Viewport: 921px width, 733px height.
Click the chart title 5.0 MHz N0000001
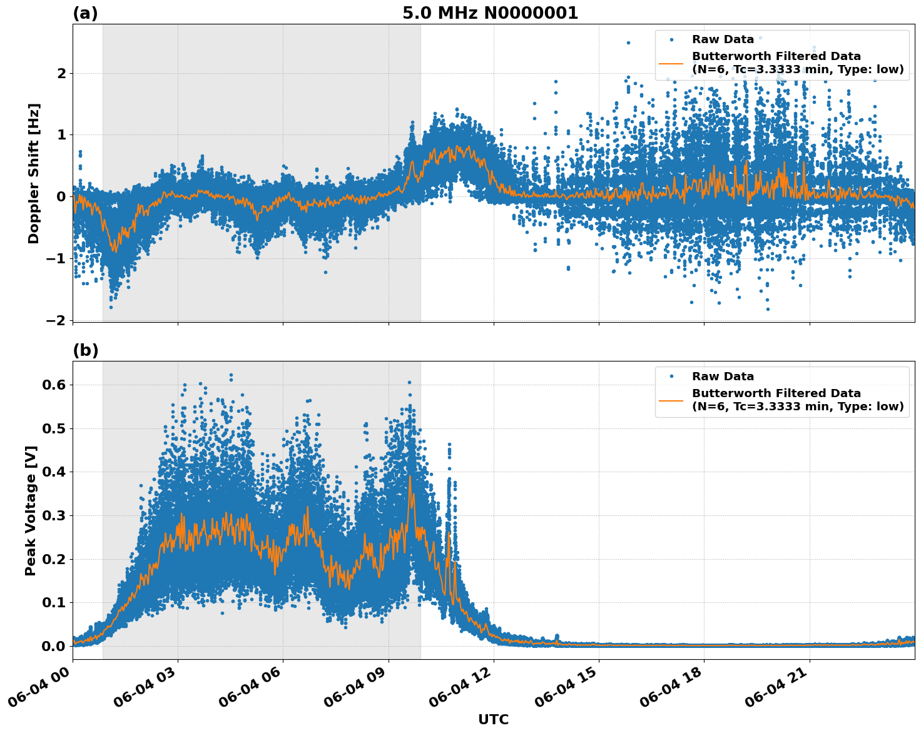(x=490, y=13)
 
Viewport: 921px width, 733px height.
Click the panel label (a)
(x=85, y=13)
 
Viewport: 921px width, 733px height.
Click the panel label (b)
(x=85, y=350)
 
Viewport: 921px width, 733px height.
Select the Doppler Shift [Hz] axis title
(x=34, y=173)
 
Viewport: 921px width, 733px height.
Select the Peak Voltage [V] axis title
(x=31, y=510)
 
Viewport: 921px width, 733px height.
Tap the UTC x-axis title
(x=493, y=719)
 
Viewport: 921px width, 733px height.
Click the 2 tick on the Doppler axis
(x=62, y=73)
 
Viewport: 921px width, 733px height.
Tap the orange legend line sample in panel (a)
(x=671, y=63)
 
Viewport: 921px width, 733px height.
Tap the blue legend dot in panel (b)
(x=671, y=377)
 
